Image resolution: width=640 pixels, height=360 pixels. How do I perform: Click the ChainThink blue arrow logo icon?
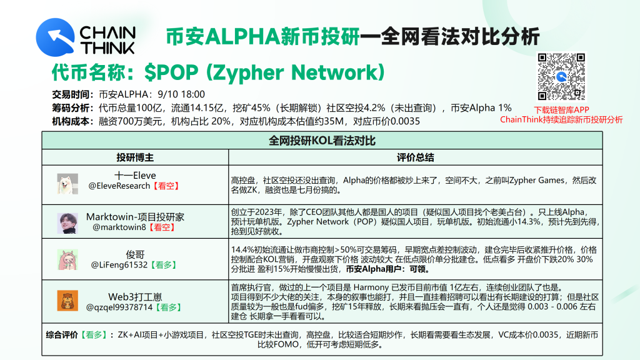pos(55,37)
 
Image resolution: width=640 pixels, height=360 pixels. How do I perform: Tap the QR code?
pos(561,77)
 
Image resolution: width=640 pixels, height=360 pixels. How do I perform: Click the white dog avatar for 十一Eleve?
pos(67,184)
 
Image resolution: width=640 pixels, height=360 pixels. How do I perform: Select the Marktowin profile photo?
pos(67,223)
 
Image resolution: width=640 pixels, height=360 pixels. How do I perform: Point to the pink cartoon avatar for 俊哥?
pos(67,260)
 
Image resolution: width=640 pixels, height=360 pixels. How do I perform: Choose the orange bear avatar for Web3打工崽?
pos(67,301)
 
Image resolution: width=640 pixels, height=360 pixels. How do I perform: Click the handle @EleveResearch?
pos(119,186)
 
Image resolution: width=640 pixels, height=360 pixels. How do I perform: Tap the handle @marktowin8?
pos(119,227)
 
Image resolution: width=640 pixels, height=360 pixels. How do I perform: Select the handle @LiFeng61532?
pos(119,265)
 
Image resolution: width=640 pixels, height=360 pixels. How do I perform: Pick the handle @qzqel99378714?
pos(119,307)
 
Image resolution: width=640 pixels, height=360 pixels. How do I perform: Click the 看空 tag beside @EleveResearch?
pos(166,186)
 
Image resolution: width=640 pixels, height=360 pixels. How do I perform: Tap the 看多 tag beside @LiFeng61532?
pos(163,265)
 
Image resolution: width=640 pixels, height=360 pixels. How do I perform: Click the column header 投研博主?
pos(135,157)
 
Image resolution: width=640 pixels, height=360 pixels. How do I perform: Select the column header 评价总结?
pos(415,157)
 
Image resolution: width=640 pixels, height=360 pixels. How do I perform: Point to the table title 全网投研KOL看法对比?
pos(322,141)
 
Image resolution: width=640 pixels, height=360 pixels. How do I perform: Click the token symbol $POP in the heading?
pos(171,72)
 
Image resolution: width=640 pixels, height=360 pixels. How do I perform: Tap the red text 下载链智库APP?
pos(561,110)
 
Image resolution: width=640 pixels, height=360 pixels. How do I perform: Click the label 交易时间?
pos(71,95)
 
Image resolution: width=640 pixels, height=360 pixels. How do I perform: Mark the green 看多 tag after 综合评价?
pos(94,335)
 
